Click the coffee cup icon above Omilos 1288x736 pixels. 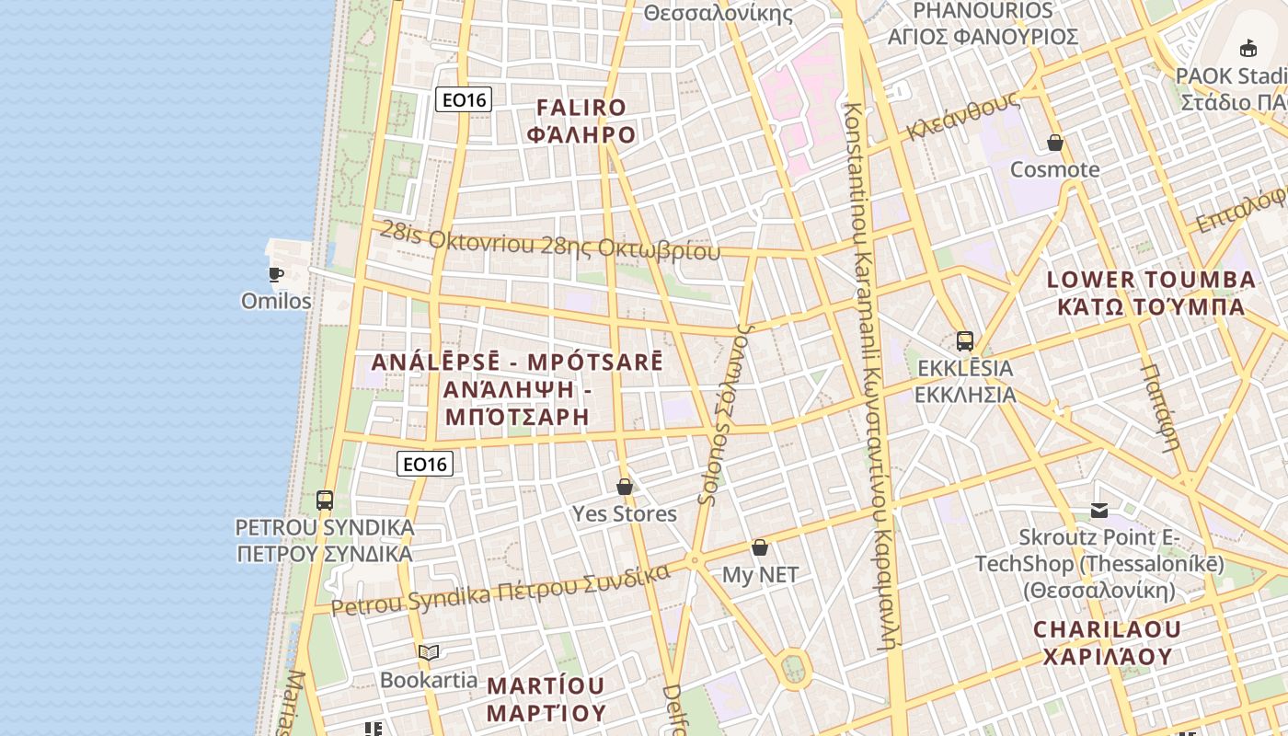click(x=275, y=274)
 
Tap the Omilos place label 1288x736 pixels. click(x=276, y=301)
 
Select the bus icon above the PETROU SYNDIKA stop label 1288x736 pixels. click(x=325, y=500)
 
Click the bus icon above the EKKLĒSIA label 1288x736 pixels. click(x=965, y=341)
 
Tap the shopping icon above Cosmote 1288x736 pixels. click(x=1055, y=144)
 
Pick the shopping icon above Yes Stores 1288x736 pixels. click(x=625, y=487)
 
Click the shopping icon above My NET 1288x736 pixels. click(x=760, y=548)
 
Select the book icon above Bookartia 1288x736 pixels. click(x=429, y=653)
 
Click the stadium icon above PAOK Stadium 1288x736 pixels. click(x=1248, y=49)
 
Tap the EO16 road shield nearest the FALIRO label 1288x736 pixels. click(x=464, y=99)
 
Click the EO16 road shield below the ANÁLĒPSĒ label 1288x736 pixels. click(x=425, y=464)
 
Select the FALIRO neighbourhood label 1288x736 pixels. click(x=581, y=121)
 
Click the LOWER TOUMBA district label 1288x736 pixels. click(x=1151, y=293)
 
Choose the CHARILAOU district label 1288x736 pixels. click(x=1107, y=642)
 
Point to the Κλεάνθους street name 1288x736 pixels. click(x=961, y=117)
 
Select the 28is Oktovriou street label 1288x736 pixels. click(x=550, y=242)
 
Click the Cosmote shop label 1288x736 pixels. click(x=1055, y=169)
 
